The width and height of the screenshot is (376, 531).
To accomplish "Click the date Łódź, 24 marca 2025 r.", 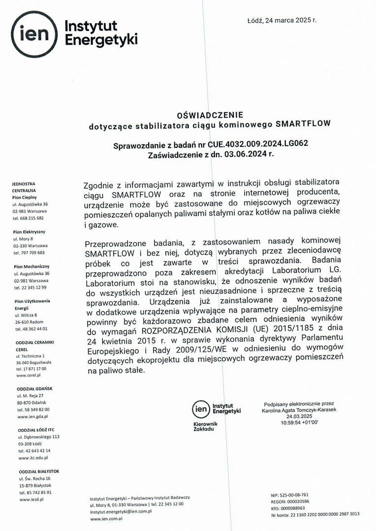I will pyautogui.click(x=282, y=21).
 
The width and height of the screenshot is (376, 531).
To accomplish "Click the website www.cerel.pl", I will pyautogui.click(x=28, y=375).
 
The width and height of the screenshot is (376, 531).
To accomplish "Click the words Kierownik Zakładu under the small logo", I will pyautogui.click(x=204, y=426).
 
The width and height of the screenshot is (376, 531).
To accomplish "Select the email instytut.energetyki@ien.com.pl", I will pyautogui.click(x=121, y=511).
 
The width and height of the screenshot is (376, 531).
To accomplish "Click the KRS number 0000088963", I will pyautogui.click(x=294, y=508).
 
